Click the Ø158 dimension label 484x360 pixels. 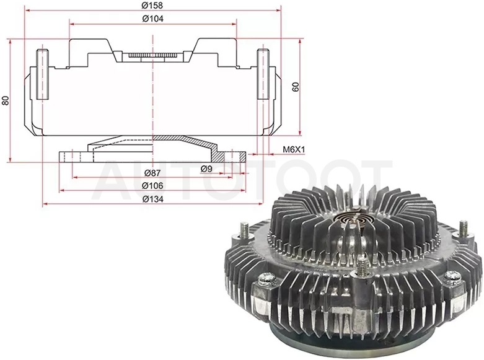pyautogui.click(x=152, y=5)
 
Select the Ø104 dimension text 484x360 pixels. pyautogui.click(x=153, y=19)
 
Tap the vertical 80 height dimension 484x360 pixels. pyautogui.click(x=6, y=100)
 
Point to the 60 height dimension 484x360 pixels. pyautogui.click(x=296, y=87)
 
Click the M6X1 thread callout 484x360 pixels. pyautogui.click(x=294, y=150)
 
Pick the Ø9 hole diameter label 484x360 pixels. pyautogui.click(x=206, y=169)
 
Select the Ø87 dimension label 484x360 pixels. pyautogui.click(x=152, y=173)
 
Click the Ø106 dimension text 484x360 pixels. pyautogui.click(x=152, y=186)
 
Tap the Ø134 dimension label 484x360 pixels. pyautogui.click(x=153, y=200)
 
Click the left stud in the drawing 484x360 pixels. pyautogui.click(x=42, y=74)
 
